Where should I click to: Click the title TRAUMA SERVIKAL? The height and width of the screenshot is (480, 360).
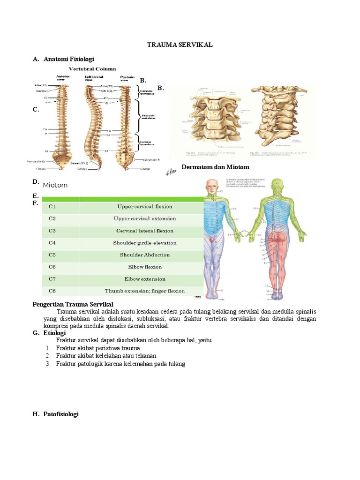click(x=180, y=45)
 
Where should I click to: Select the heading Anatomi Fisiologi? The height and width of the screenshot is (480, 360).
click(x=69, y=59)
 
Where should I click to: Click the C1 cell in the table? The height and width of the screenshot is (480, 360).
click(x=52, y=207)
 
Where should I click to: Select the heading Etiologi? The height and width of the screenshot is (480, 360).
click(x=55, y=333)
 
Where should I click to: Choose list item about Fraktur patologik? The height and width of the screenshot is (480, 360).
click(x=120, y=364)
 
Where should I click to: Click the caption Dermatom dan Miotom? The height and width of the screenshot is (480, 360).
click(x=215, y=167)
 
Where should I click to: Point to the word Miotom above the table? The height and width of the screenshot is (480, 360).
click(x=55, y=186)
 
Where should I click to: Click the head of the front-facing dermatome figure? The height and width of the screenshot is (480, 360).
click(x=212, y=186)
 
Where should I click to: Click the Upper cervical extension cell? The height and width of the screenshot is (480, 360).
click(x=144, y=219)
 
